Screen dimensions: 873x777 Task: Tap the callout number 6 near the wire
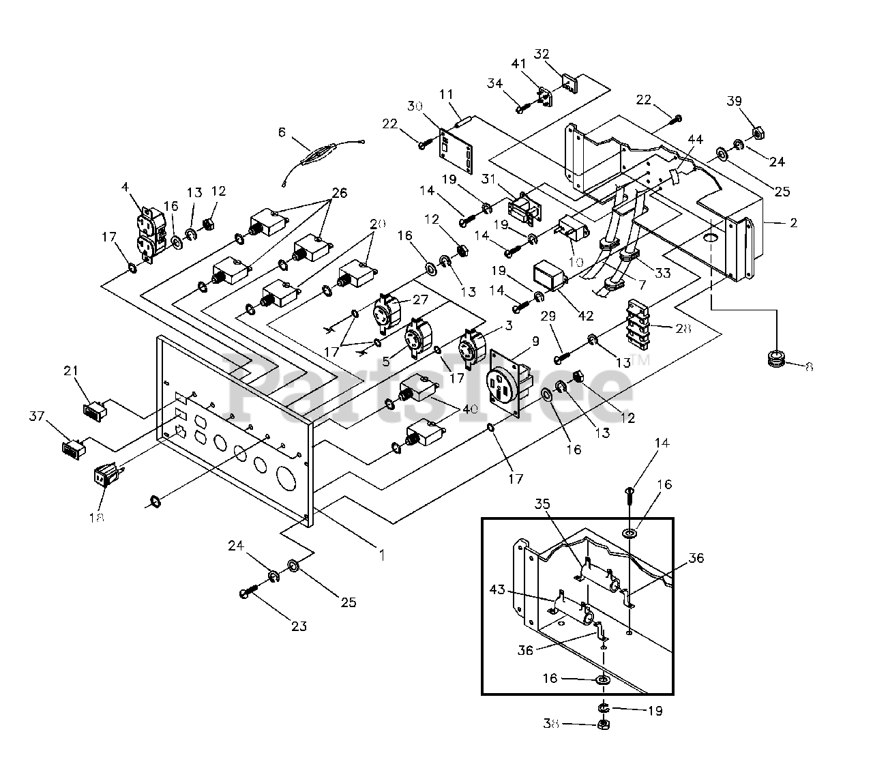click(x=282, y=132)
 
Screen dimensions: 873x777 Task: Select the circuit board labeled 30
click(x=455, y=149)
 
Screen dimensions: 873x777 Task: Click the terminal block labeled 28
click(x=638, y=323)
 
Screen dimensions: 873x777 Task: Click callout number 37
click(x=37, y=416)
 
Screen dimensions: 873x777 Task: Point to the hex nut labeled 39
click(x=758, y=134)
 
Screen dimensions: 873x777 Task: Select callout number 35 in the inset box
click(x=542, y=503)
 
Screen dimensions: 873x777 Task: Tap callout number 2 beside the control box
click(x=794, y=222)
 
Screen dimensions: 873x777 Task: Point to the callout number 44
click(x=695, y=138)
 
